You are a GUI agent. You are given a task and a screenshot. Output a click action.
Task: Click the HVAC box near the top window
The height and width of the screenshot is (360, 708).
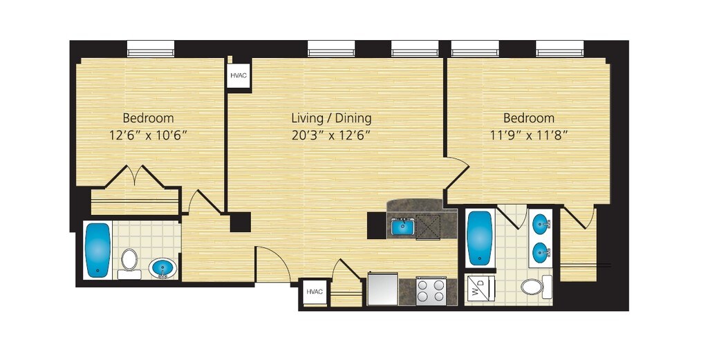point(239,75)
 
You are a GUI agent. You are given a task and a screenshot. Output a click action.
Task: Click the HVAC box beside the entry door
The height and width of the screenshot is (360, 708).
point(315,292)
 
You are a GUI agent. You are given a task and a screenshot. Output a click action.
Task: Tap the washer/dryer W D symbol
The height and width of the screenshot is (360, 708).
point(480,287)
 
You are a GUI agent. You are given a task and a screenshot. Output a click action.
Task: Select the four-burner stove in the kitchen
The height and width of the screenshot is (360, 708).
point(431,291)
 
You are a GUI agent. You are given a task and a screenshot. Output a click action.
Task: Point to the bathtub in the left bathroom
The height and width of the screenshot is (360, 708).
point(97,250)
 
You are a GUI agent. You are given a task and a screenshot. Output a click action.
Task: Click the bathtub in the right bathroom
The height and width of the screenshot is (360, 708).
point(480,238)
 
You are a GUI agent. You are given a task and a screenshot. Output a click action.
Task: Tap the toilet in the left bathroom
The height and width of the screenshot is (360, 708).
point(129,263)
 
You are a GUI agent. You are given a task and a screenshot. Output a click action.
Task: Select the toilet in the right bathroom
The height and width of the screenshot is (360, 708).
point(536,287)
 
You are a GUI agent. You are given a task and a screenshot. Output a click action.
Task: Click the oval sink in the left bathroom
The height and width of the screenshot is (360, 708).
point(162,269)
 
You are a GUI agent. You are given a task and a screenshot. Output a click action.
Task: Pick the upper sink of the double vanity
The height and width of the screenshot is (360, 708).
point(541,222)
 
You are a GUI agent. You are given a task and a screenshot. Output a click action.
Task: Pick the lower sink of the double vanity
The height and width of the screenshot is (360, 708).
point(541,251)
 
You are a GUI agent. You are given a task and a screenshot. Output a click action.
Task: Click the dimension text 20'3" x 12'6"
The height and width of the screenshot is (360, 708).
point(331,135)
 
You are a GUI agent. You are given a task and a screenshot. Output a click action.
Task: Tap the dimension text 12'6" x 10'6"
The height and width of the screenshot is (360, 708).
point(148,135)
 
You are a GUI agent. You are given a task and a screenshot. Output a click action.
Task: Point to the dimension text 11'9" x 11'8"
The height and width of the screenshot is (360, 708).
point(529,135)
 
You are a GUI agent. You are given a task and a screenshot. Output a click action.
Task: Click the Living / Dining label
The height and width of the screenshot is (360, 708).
point(331,118)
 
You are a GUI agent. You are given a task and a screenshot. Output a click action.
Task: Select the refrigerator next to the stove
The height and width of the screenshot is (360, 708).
point(383,289)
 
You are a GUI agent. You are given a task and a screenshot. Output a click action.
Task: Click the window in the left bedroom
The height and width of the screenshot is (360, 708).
point(150,49)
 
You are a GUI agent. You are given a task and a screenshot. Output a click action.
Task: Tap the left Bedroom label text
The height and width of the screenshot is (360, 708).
point(148,118)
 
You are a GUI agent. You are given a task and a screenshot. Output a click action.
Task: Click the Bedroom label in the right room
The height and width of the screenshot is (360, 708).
point(529,118)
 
